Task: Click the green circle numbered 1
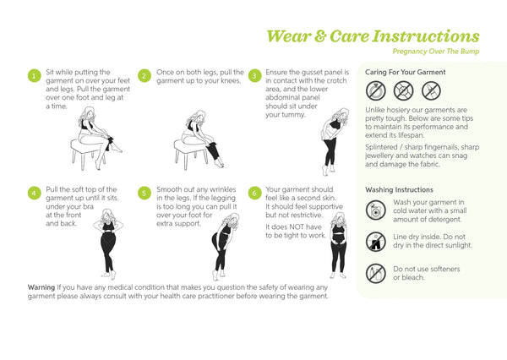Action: [x=35, y=76]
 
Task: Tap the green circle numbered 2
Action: [x=144, y=76]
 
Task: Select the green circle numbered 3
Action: [x=254, y=76]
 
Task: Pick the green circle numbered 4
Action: [x=35, y=194]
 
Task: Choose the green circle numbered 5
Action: [x=144, y=194]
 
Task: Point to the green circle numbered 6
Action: [x=254, y=194]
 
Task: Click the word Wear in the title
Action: [x=288, y=35]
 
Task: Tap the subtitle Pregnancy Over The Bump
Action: [x=436, y=52]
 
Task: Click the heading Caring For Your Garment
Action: [x=405, y=72]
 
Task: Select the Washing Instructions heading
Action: [x=399, y=190]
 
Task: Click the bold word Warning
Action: [x=41, y=287]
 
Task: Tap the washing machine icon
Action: [x=376, y=210]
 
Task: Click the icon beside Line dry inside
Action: [x=376, y=242]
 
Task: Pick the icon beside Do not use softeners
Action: [x=376, y=273]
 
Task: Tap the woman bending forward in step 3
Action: [x=335, y=142]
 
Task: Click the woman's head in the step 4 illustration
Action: [x=107, y=215]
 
